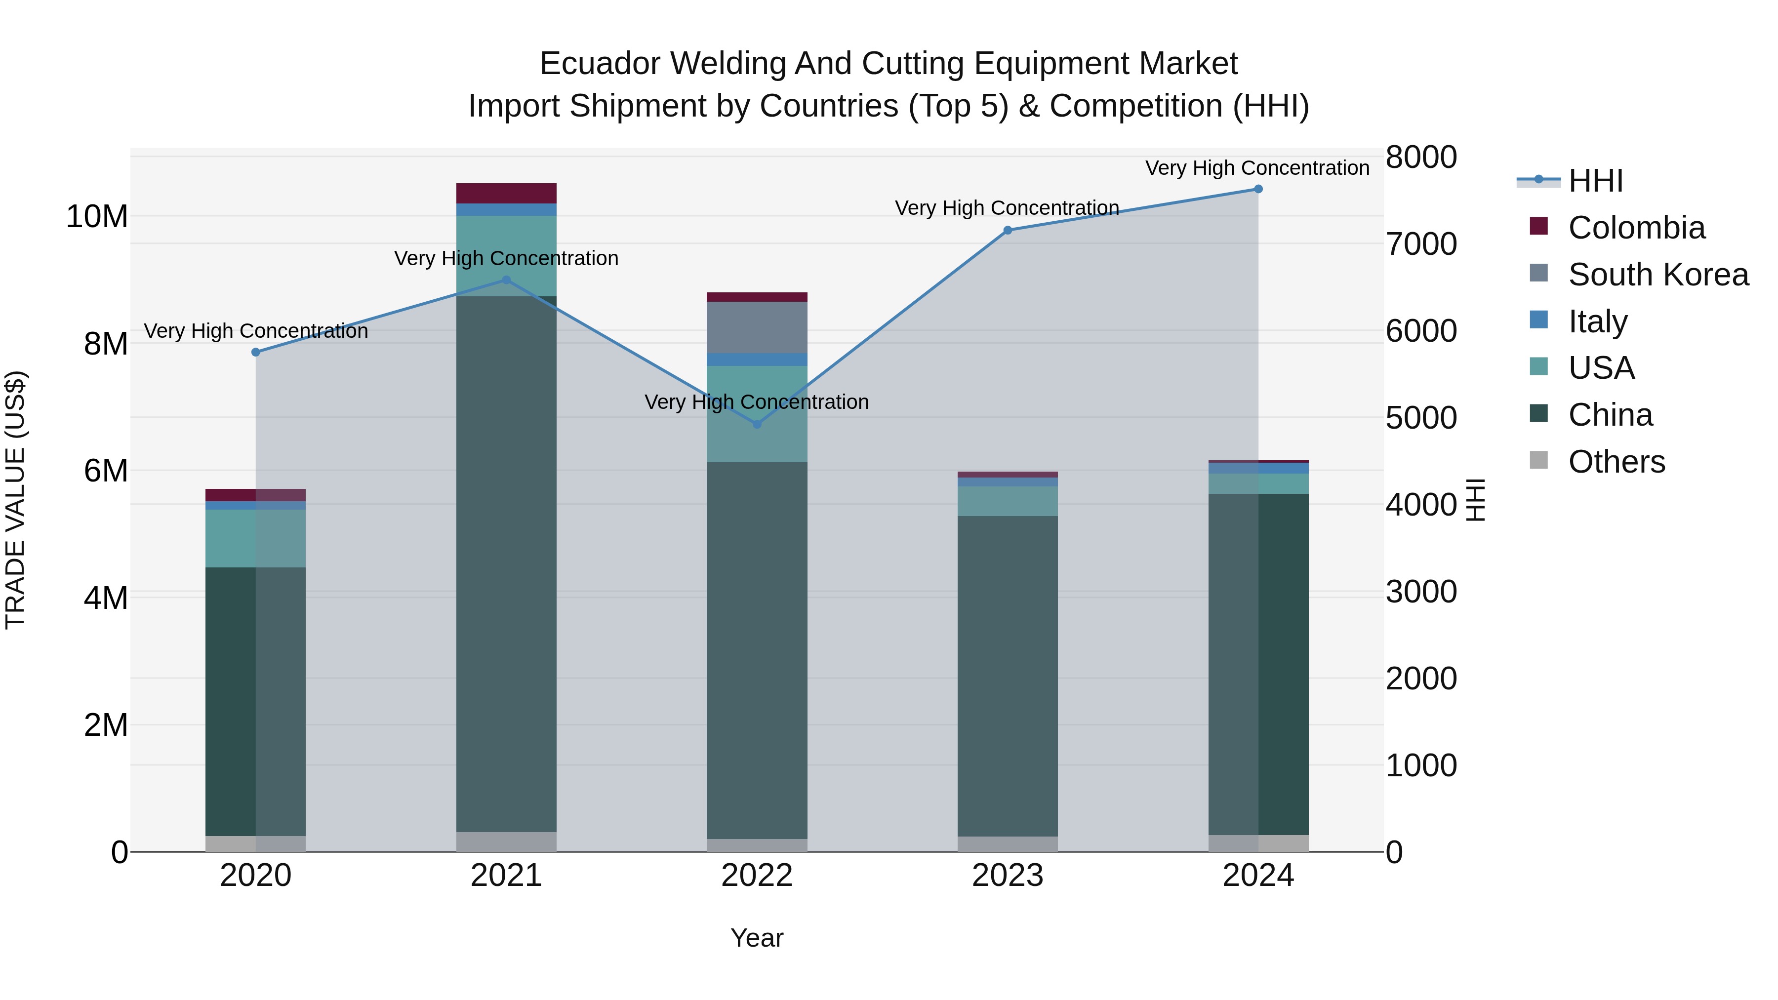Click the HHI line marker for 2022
pyautogui.click(x=757, y=424)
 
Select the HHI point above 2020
pyautogui.click(x=256, y=352)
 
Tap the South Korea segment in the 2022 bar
pyautogui.click(x=757, y=328)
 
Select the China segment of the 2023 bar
pyautogui.click(x=1007, y=677)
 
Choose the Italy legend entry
pyautogui.click(x=1597, y=321)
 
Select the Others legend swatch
pyautogui.click(x=1538, y=461)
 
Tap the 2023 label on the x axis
pyautogui.click(x=1007, y=876)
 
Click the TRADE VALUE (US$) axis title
pyautogui.click(x=15, y=500)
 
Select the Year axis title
pyautogui.click(x=757, y=938)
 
